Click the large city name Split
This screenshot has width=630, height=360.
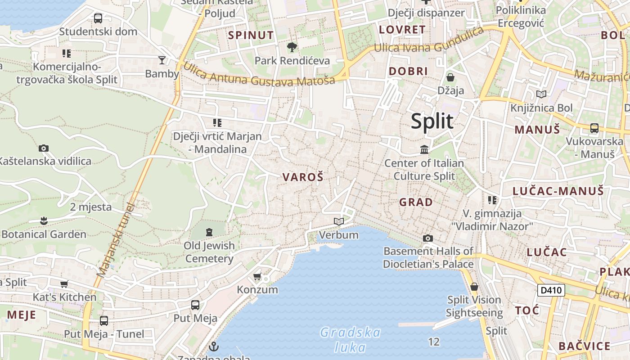tap(432, 121)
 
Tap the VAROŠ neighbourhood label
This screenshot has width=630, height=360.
tap(303, 177)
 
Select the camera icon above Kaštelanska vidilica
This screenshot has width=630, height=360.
tap(44, 148)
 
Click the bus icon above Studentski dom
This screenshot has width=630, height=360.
tap(98, 18)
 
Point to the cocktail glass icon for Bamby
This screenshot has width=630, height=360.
tap(162, 60)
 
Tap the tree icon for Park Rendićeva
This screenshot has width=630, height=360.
tap(292, 47)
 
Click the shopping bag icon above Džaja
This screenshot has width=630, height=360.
tap(450, 77)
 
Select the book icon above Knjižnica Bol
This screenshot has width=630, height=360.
tap(541, 94)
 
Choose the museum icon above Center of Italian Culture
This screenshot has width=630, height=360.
tap(424, 149)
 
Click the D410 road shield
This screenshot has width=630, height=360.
tap(551, 290)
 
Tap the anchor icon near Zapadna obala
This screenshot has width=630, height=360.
tap(214, 346)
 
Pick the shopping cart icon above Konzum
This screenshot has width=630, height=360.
tap(257, 276)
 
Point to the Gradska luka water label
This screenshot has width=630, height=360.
tap(350, 340)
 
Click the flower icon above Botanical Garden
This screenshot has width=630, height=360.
tap(44, 220)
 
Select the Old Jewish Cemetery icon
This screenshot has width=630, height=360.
tap(209, 232)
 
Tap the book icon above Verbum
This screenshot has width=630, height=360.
tap(339, 221)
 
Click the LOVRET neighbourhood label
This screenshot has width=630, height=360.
tap(402, 30)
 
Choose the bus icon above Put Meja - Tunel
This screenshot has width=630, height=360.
tap(104, 321)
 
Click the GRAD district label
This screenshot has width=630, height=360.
tap(416, 202)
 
